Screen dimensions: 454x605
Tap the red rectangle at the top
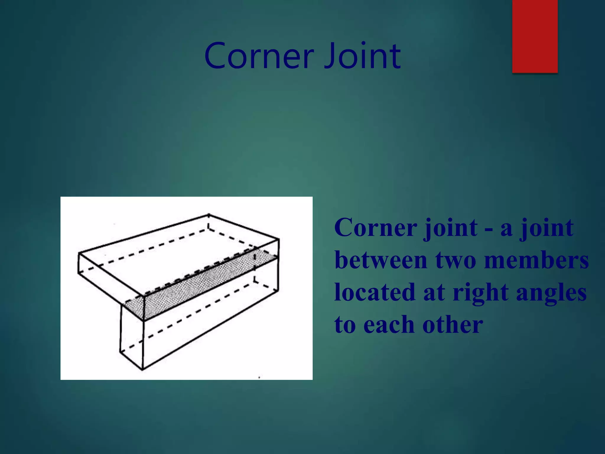pos(535,36)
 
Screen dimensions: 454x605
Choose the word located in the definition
pos(375,292)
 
